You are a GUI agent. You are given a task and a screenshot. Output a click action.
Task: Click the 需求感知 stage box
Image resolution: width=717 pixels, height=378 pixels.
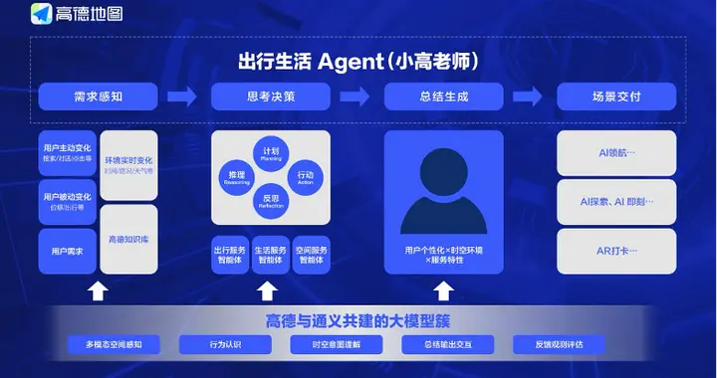[99, 96]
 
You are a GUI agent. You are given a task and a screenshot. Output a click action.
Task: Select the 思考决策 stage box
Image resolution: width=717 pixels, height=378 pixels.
[271, 96]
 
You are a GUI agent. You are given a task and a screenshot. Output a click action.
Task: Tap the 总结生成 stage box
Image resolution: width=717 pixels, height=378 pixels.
[444, 96]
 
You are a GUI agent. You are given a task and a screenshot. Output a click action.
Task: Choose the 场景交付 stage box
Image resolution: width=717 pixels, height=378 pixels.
[616, 96]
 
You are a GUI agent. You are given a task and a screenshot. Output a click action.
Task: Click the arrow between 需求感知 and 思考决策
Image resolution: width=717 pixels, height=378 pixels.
[184, 96]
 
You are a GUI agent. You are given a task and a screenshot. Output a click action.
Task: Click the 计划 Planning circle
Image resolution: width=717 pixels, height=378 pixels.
[271, 154]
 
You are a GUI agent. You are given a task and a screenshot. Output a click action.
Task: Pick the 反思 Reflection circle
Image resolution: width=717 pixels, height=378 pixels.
[271, 203]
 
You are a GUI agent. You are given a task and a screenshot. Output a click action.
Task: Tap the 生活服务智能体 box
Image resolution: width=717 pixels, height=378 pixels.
[271, 254]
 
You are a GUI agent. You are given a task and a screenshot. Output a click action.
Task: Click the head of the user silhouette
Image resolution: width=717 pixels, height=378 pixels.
[444, 171]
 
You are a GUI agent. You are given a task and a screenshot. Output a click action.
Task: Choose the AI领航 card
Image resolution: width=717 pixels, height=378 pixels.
[616, 155]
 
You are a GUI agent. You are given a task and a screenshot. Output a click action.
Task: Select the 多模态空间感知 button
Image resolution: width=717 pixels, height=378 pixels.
[113, 345]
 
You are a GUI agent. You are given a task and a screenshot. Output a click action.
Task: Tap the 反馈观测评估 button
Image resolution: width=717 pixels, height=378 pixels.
[559, 345]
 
